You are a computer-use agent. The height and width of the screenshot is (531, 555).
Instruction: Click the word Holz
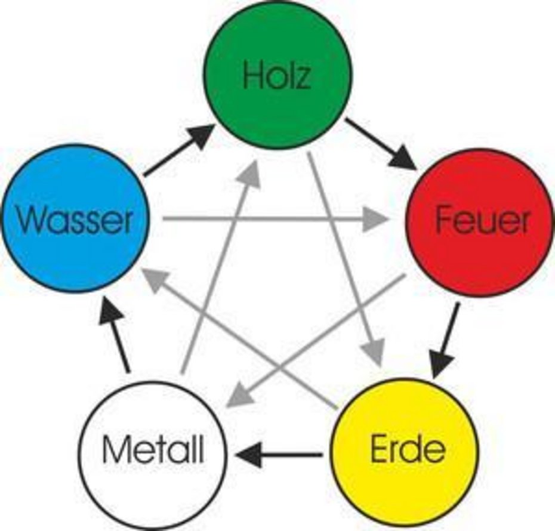point(277,76)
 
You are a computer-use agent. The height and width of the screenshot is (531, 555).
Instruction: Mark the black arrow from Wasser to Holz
point(179,150)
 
